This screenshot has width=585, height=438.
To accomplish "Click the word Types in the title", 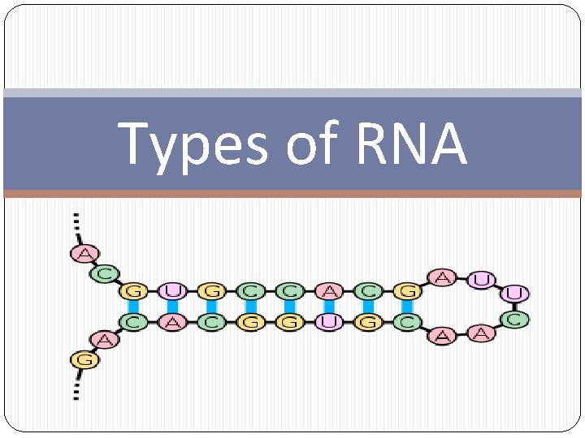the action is tap(193, 144).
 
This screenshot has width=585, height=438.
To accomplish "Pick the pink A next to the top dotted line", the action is tap(83, 253).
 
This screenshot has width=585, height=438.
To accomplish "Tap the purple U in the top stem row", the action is tap(171, 290).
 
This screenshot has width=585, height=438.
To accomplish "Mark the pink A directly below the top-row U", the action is tap(171, 323).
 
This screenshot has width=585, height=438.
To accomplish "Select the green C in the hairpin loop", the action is tap(513, 320).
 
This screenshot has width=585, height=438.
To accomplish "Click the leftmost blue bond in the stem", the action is tap(132, 307).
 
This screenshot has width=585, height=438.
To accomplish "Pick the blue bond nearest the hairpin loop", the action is tap(407, 307).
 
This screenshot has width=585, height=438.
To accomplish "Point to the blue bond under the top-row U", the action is tap(171, 307).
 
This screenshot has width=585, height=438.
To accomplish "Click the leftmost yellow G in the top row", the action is tap(132, 290).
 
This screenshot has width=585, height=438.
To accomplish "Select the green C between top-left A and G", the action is tap(104, 274).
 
